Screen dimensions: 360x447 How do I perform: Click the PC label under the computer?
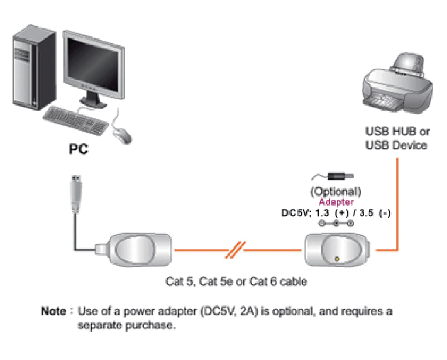click(79, 149)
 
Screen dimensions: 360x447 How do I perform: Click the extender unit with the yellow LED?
click(336, 250)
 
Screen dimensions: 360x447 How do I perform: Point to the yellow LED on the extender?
click(337, 259)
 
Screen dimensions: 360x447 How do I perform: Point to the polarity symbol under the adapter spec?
click(336, 224)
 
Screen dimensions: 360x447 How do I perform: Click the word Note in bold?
click(53, 312)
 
